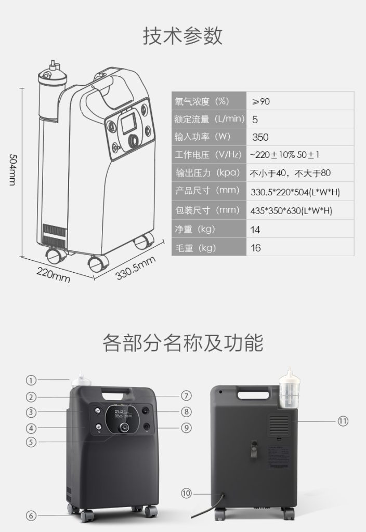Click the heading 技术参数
click(182, 36)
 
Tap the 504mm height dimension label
click(13, 170)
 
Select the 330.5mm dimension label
click(136, 268)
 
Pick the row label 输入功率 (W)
click(203, 137)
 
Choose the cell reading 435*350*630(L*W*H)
click(291, 211)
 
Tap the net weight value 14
click(255, 230)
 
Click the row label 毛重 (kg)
click(195, 248)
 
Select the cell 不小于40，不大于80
click(290, 174)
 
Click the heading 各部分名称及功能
click(182, 343)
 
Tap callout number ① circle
click(31, 380)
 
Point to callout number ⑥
click(31, 516)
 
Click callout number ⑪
click(343, 421)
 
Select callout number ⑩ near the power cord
click(186, 494)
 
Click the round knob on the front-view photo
click(124, 427)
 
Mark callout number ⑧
click(186, 411)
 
